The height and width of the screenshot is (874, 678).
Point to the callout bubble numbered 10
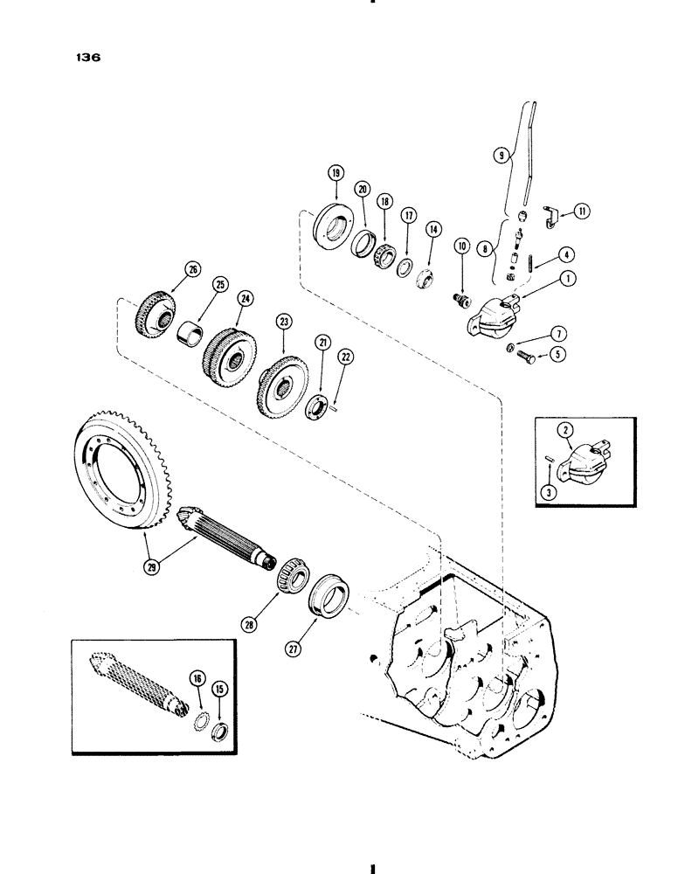click(x=460, y=272)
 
